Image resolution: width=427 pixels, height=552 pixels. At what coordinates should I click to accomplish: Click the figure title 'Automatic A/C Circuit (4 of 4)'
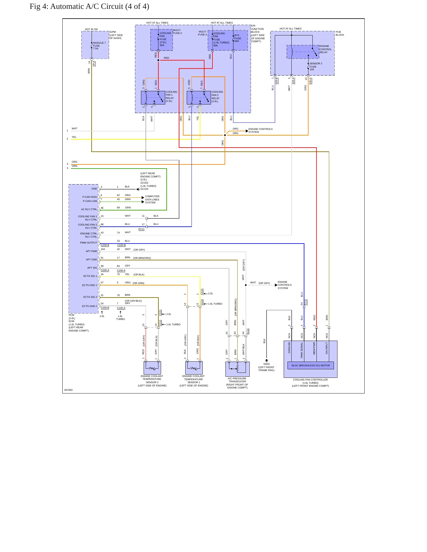point(100,6)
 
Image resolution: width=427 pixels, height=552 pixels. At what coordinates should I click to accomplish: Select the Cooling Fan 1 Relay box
point(153,98)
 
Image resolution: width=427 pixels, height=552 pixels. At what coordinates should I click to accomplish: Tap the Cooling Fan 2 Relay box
point(199,98)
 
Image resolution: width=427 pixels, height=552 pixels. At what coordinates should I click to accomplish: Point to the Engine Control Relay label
point(325,49)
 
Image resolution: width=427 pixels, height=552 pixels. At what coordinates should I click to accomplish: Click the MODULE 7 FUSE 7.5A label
point(99,46)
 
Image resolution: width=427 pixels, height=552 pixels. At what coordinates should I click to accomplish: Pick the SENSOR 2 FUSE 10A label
point(316,66)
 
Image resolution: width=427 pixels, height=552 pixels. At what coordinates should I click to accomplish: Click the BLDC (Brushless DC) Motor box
point(311,365)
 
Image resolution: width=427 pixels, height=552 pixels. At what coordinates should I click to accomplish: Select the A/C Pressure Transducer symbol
point(238,369)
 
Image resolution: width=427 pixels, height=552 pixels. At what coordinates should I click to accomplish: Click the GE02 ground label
point(267,364)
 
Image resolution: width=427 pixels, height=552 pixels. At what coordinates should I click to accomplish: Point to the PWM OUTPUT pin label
point(88,243)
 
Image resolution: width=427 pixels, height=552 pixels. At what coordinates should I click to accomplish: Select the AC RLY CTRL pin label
point(89,209)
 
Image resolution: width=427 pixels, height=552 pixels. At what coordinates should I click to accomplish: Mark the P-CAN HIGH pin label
point(90,197)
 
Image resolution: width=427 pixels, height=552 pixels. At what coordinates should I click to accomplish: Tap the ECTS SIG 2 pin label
point(90,297)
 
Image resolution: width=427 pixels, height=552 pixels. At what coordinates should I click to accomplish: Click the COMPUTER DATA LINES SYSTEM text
point(152,200)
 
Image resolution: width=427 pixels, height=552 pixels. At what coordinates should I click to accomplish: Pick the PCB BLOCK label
point(340,33)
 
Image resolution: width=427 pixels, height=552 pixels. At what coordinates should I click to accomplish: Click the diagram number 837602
point(69,390)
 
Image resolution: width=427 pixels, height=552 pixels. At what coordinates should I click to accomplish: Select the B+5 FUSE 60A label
point(238,38)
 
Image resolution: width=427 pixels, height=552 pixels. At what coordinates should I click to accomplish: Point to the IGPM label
point(113,32)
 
